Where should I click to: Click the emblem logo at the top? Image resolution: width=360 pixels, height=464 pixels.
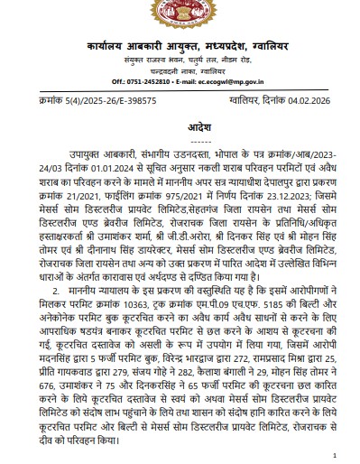(180, 19)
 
